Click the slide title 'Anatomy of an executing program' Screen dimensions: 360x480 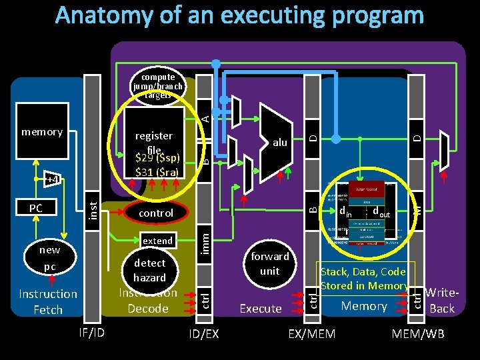pos(239,16)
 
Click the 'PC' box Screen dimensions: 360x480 pos(36,208)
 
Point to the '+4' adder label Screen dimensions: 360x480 pos(52,179)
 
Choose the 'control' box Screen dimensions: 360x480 pos(155,213)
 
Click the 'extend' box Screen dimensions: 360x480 pos(158,241)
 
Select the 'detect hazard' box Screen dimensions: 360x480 pos(149,270)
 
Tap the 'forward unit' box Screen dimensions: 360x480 pos(269,263)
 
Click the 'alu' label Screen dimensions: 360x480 pos(280,142)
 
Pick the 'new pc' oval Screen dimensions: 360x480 pos(49,258)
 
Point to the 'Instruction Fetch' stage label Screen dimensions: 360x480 pos(48,301)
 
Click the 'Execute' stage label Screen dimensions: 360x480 pos(261,308)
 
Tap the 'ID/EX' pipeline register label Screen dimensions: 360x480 pos(203,333)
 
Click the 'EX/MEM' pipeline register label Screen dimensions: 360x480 pos(311,333)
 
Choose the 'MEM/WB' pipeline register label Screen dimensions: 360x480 pos(419,333)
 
